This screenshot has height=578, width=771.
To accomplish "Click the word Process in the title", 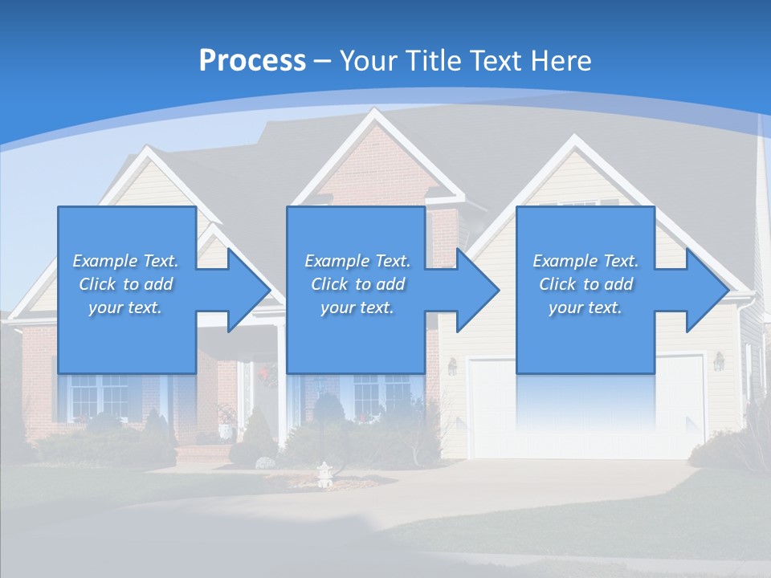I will click(x=252, y=61).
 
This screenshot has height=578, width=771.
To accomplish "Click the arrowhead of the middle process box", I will click(x=478, y=290).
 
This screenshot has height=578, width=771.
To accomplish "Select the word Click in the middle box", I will click(x=328, y=284).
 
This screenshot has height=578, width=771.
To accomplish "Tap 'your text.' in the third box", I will click(x=585, y=307).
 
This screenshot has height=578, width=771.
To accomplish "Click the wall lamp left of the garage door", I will click(x=452, y=366).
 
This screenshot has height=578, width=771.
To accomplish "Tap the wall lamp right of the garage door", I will click(x=719, y=361).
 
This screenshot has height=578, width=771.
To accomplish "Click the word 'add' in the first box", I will click(x=158, y=284).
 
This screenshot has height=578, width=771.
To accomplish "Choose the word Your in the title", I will click(x=368, y=61).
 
